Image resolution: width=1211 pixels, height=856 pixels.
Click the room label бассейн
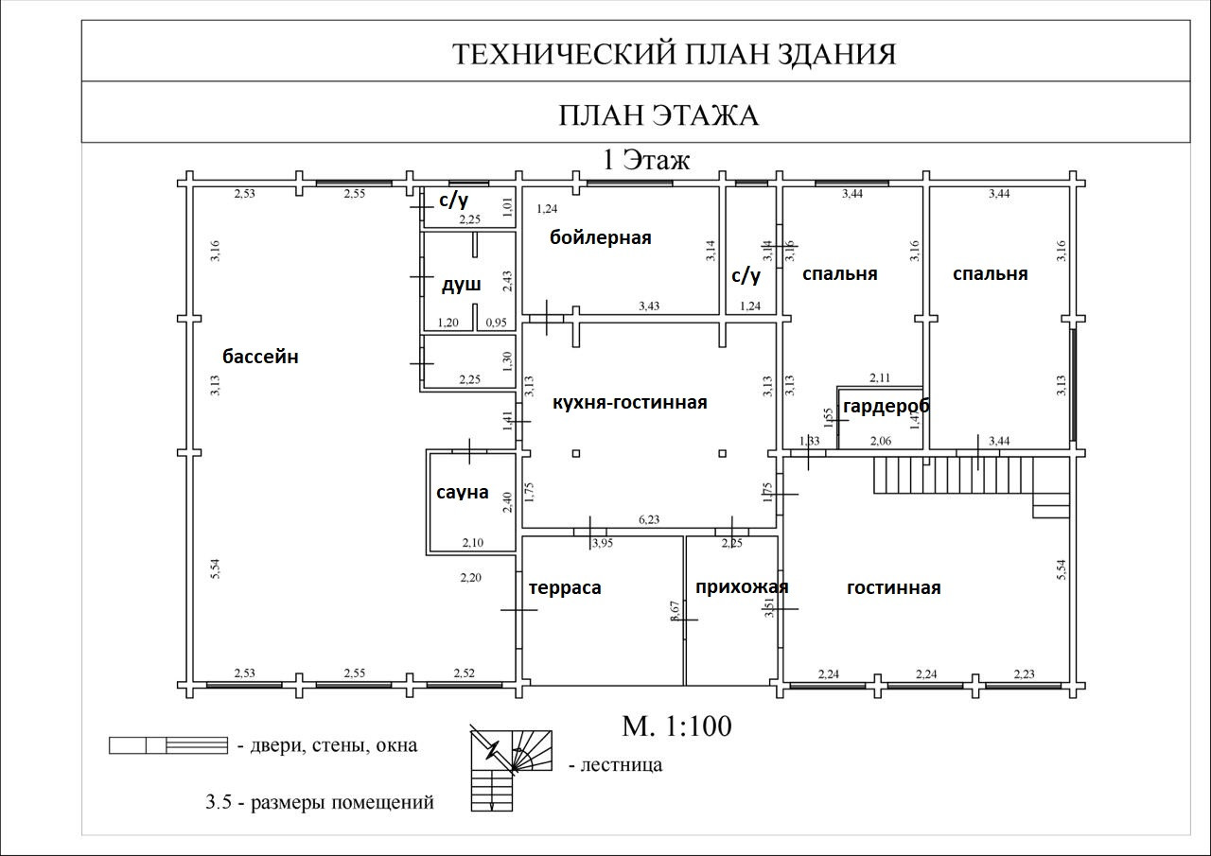260,357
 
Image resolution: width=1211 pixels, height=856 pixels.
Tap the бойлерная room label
601,237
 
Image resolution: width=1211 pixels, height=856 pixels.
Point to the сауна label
463,493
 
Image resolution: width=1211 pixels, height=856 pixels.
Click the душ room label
461,284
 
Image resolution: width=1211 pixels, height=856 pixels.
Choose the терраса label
565,587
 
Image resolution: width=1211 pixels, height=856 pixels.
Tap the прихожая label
741,586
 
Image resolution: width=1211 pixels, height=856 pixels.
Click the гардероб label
886,406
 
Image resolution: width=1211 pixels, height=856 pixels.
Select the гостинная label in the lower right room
893,587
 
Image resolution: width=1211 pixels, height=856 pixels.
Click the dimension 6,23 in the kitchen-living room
649,520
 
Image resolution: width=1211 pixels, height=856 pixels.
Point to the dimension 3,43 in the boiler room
649,306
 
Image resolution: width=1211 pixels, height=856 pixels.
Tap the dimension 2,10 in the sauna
472,543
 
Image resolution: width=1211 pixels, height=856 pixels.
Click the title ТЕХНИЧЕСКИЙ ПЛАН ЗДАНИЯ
674,54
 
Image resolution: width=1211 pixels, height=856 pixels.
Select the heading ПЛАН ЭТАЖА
658,115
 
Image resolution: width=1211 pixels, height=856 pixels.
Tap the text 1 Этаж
647,160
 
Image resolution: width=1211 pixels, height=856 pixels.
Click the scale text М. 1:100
676,726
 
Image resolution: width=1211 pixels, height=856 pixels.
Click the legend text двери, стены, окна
334,745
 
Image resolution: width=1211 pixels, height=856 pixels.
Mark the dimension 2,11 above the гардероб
879,378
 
